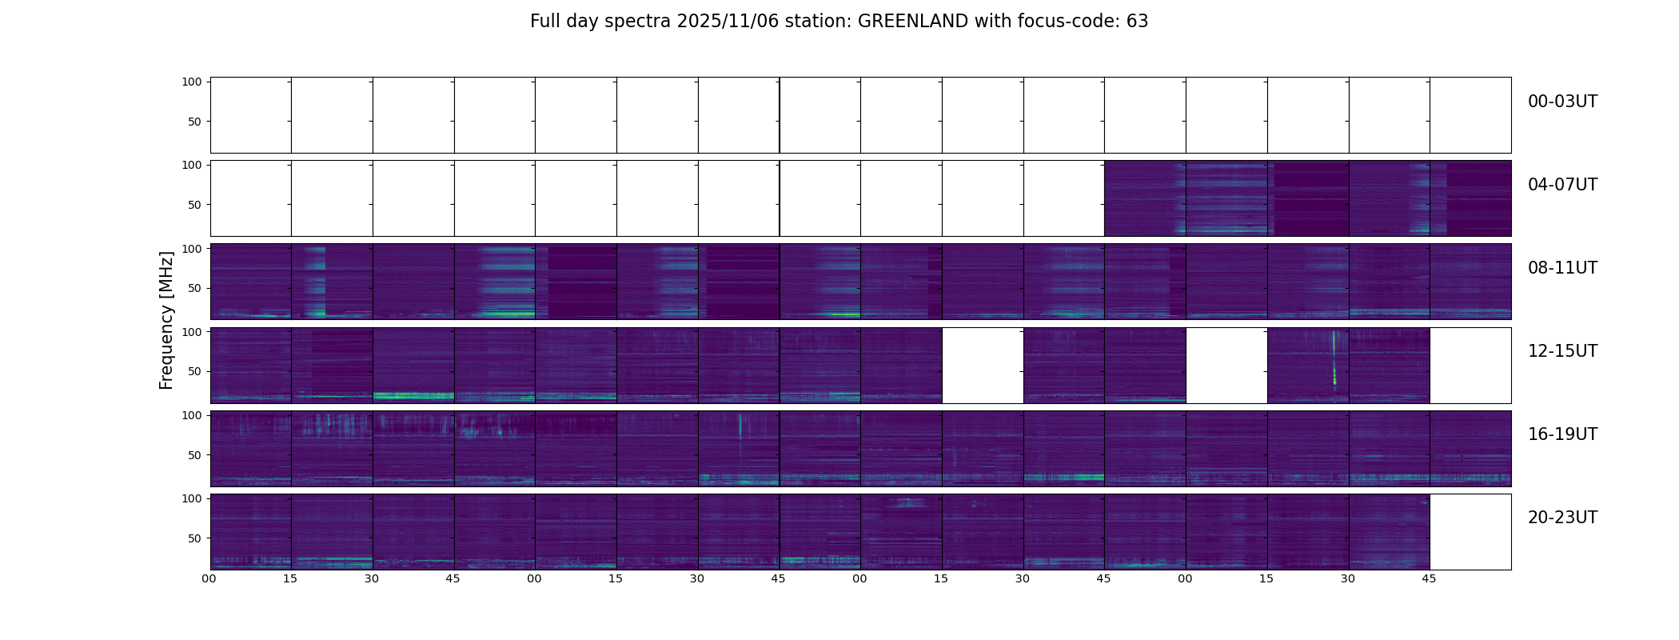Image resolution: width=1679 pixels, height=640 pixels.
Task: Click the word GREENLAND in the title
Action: tap(912, 22)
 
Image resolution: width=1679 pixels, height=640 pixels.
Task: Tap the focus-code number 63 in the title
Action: tap(1137, 22)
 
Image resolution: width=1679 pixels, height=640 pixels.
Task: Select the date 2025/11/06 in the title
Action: tap(724, 22)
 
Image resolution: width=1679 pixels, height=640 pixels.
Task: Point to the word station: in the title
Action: tap(824, 22)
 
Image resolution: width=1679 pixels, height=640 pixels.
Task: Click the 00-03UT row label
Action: tap(1562, 102)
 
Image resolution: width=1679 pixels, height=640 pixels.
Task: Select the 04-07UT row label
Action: tap(1562, 185)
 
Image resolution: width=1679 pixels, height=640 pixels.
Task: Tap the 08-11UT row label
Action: tap(1562, 268)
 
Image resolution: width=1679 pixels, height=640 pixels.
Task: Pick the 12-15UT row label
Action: tap(1562, 351)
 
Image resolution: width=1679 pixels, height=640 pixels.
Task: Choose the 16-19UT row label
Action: tap(1562, 434)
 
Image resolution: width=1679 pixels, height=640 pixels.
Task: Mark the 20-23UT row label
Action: tap(1562, 518)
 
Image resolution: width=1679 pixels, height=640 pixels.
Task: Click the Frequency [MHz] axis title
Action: tap(166, 320)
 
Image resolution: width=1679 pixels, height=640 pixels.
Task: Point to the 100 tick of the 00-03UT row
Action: tap(192, 82)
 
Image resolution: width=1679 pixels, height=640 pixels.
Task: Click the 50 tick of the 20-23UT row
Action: tap(194, 538)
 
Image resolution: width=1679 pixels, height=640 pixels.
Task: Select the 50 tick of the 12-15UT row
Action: tap(194, 372)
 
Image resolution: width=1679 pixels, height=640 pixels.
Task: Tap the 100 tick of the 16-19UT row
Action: tap(192, 415)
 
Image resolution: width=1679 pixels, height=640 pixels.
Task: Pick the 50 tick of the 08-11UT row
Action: tap(194, 288)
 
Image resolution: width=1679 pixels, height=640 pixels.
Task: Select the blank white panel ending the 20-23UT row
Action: tap(1470, 532)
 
